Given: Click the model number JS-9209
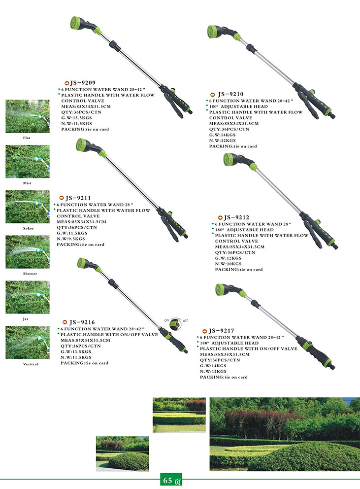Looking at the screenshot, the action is pyautogui.click(x=83, y=83).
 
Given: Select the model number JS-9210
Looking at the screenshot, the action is pyautogui.click(x=230, y=94).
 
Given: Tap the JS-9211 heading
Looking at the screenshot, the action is pyautogui.click(x=78, y=198).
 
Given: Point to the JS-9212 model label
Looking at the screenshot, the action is pyautogui.click(x=236, y=218).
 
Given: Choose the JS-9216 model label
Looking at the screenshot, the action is pyautogui.click(x=82, y=322).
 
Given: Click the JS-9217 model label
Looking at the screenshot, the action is pyautogui.click(x=221, y=331).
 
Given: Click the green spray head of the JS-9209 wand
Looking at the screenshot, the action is pyautogui.click(x=76, y=23).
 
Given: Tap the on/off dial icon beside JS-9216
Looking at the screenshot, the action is pyautogui.click(x=176, y=324).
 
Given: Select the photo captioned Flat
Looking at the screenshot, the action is pyautogui.click(x=28, y=116).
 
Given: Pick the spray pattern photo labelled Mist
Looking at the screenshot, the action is pyautogui.click(x=28, y=162).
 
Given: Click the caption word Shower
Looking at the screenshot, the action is pyautogui.click(x=30, y=274).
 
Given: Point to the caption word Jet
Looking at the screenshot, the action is pyautogui.click(x=25, y=319).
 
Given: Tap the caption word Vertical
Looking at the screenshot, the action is pyautogui.click(x=31, y=364).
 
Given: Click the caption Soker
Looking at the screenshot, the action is pyautogui.click(x=29, y=228).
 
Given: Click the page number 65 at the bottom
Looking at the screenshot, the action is pyautogui.click(x=168, y=480).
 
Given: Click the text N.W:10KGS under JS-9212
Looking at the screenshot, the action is pyautogui.click(x=228, y=264).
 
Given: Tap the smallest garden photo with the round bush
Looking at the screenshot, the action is pyautogui.click(x=123, y=454).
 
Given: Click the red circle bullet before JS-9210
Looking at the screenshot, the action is pyautogui.click(x=213, y=95).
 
